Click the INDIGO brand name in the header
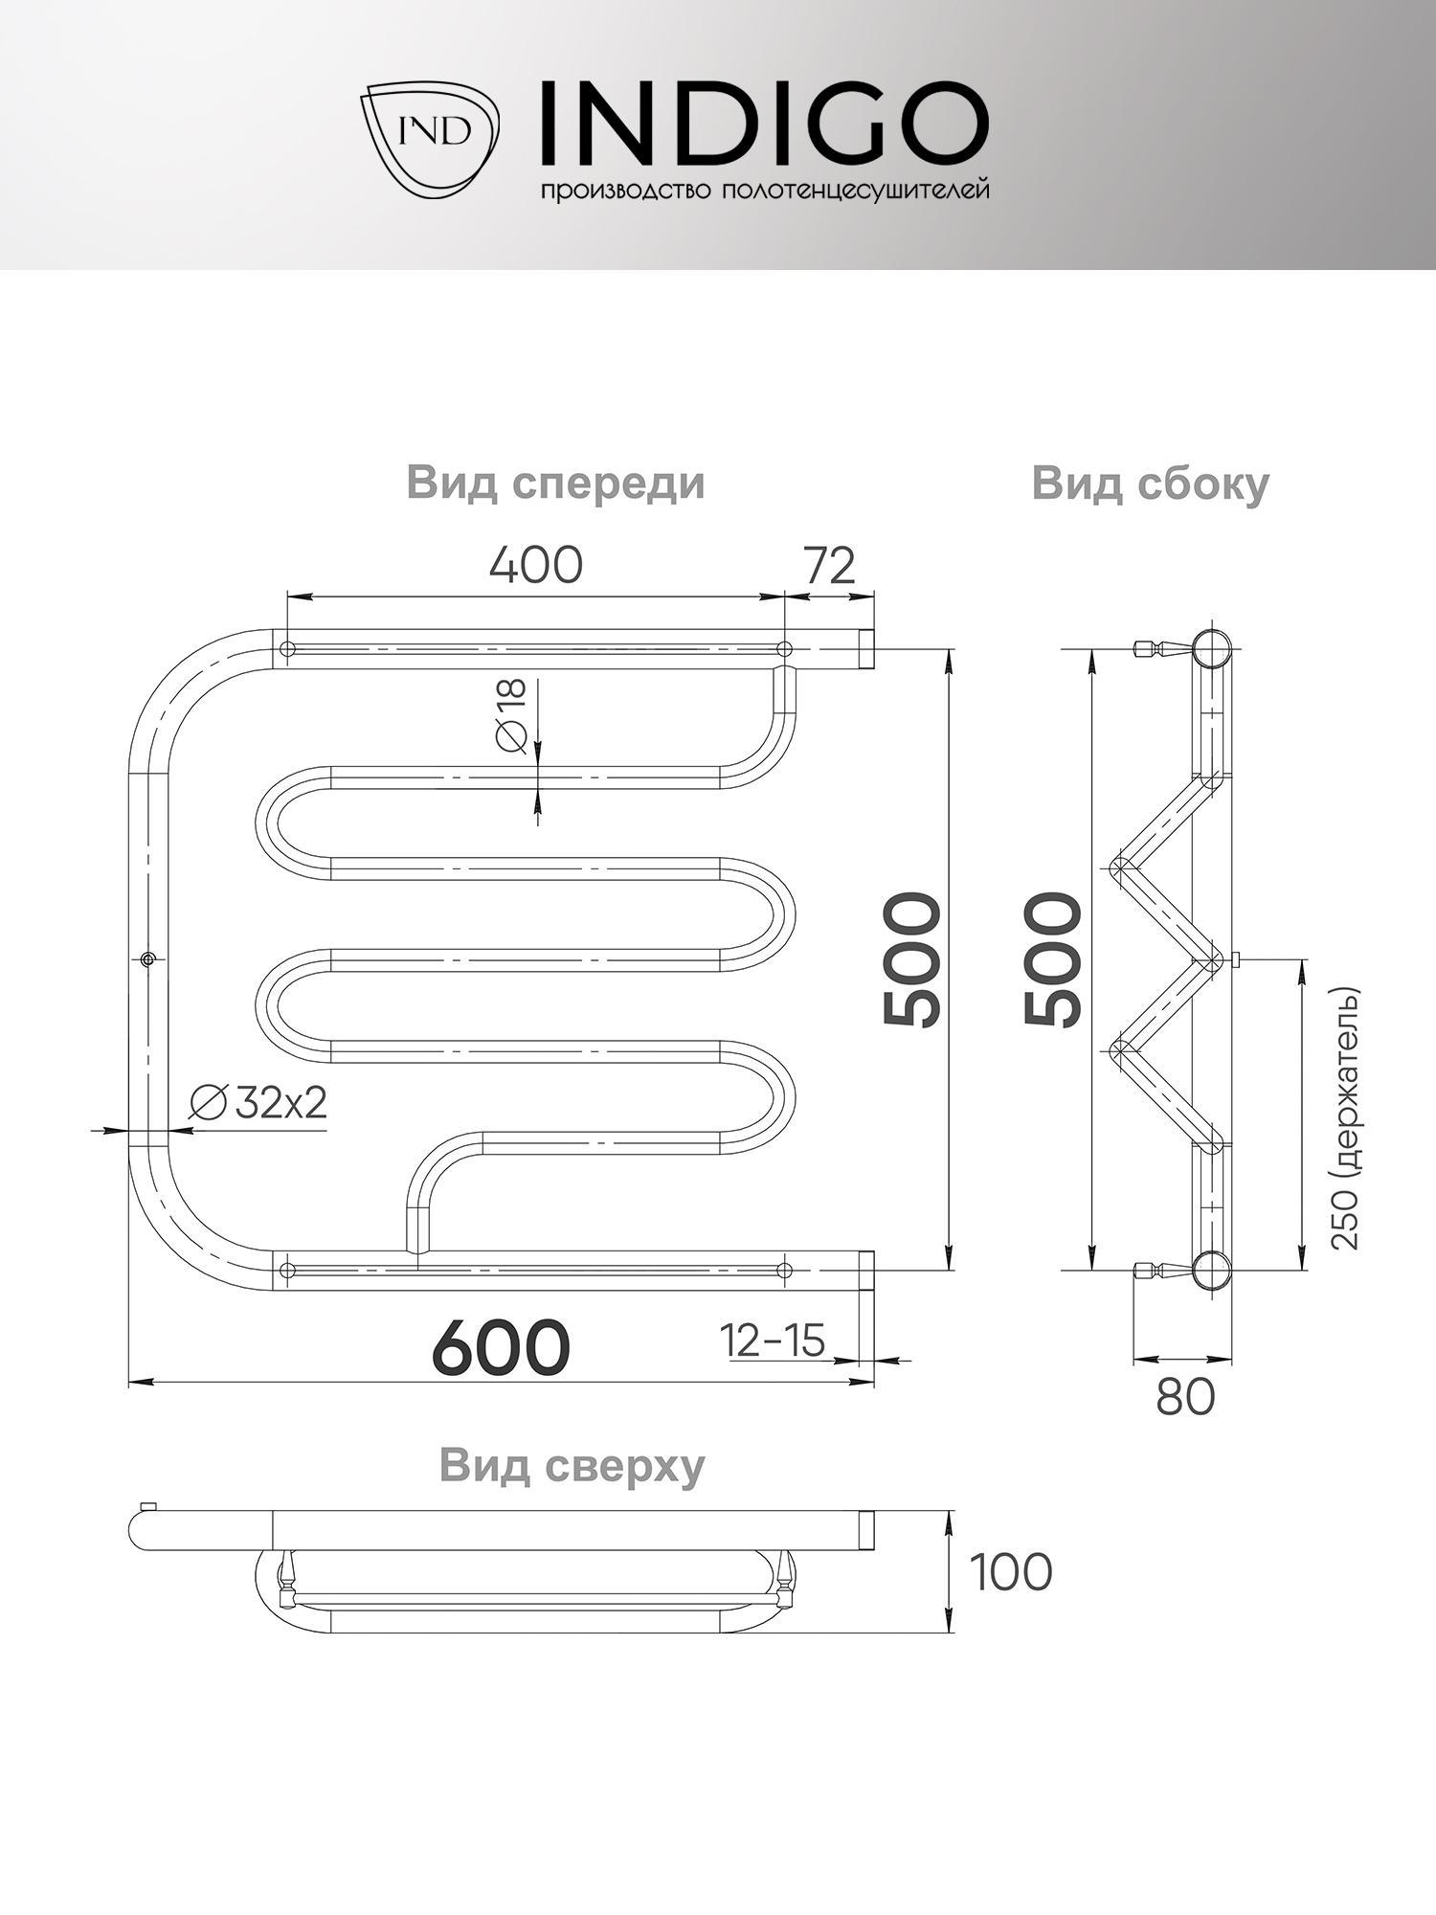click(x=762, y=123)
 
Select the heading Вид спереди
click(x=555, y=483)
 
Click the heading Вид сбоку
click(x=1150, y=483)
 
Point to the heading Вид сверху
click(x=572, y=1465)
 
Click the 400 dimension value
click(x=535, y=566)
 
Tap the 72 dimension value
click(x=828, y=566)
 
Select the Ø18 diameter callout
click(x=511, y=716)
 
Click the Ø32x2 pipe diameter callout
click(x=258, y=1103)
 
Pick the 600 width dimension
click(x=501, y=1347)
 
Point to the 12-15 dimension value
click(x=774, y=1340)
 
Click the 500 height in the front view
click(x=913, y=959)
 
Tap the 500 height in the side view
click(x=1054, y=959)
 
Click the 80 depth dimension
click(x=1185, y=1398)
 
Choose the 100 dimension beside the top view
click(x=1011, y=1572)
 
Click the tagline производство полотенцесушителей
click(x=765, y=191)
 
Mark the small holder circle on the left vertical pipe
click(x=147, y=958)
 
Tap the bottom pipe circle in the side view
click(x=1213, y=1270)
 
